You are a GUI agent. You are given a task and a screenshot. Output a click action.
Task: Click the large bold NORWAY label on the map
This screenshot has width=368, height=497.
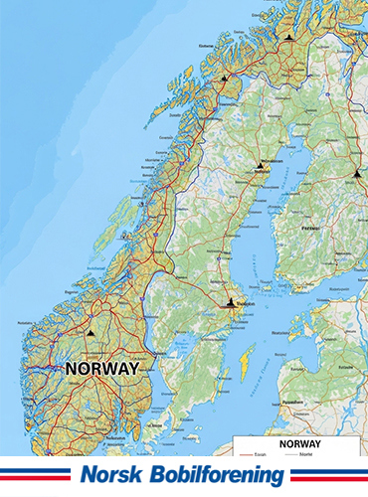101,367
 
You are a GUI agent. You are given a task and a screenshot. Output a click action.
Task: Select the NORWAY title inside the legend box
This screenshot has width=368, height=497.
299,442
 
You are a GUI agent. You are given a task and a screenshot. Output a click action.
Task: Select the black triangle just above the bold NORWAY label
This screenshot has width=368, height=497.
90,334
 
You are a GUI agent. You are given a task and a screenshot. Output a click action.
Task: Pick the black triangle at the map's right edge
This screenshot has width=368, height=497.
356,173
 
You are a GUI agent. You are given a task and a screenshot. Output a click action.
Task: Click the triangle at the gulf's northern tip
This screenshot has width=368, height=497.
262,165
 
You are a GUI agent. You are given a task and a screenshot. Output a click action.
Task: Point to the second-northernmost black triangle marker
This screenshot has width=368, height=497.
224,77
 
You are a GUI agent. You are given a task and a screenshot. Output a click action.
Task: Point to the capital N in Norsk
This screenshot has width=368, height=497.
88,476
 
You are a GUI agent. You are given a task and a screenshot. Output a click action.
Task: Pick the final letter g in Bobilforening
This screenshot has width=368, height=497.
276,478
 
